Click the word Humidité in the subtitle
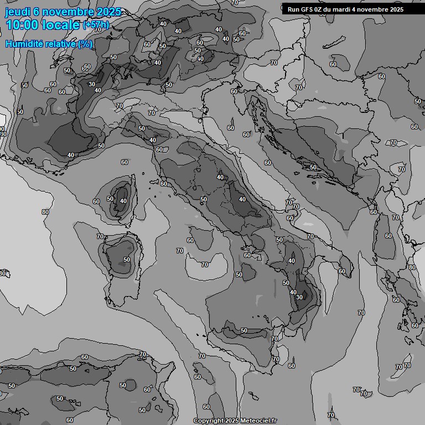point(24,44)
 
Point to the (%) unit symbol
point(85,44)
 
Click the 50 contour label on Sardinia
point(127,260)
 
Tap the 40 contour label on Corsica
point(123,201)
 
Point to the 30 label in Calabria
point(299,297)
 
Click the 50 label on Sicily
point(244,330)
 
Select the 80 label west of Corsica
point(45,212)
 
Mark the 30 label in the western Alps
point(91,84)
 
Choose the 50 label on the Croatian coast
point(313,167)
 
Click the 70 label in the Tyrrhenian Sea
point(205,265)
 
